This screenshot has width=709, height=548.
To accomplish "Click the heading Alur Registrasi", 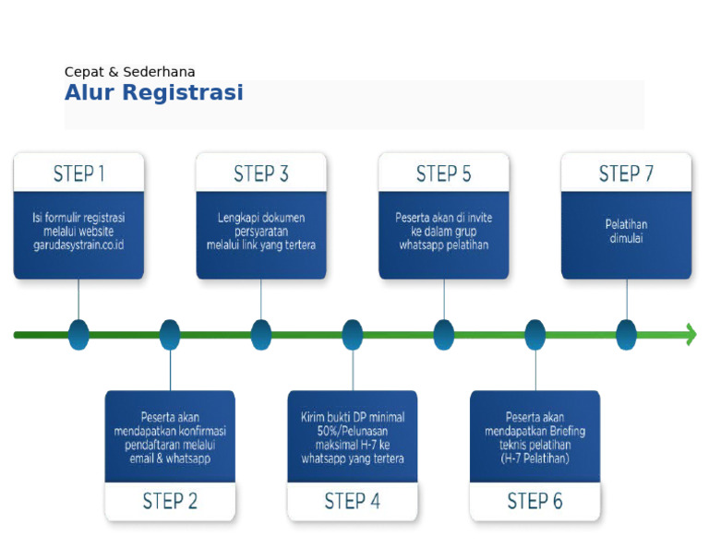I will pyautogui.click(x=153, y=93).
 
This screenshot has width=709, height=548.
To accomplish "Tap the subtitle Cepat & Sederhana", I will pyautogui.click(x=129, y=72).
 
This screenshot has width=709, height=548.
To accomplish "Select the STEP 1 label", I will pyautogui.click(x=78, y=173).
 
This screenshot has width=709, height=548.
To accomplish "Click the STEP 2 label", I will pyautogui.click(x=170, y=501).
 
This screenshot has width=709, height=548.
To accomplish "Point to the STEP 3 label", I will pyautogui.click(x=261, y=173).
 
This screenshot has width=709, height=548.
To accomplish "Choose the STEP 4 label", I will pyautogui.click(x=352, y=501).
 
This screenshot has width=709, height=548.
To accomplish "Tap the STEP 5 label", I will pyautogui.click(x=443, y=173).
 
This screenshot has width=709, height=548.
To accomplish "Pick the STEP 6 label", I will pyautogui.click(x=535, y=501).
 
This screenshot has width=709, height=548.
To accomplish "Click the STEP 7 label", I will pyautogui.click(x=626, y=173).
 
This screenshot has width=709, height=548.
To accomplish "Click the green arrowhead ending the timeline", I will pyautogui.click(x=690, y=334).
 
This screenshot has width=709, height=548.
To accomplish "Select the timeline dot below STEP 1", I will pyautogui.click(x=78, y=334).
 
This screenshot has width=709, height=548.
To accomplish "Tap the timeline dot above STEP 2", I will pyautogui.click(x=170, y=334).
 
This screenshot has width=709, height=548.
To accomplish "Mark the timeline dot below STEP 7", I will pyautogui.click(x=626, y=334).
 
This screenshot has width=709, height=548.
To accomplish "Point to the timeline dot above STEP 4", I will pyautogui.click(x=353, y=334).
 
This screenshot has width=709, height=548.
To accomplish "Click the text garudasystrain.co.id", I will pyautogui.click(x=78, y=245).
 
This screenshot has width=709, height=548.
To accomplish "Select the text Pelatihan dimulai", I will pyautogui.click(x=626, y=231).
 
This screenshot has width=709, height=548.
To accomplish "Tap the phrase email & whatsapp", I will pyautogui.click(x=170, y=459).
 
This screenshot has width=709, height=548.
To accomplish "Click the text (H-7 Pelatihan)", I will pyautogui.click(x=535, y=459).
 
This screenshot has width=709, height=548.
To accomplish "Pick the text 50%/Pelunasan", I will pyautogui.click(x=352, y=431).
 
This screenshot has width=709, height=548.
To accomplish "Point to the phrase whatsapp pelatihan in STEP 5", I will pyautogui.click(x=443, y=245).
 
